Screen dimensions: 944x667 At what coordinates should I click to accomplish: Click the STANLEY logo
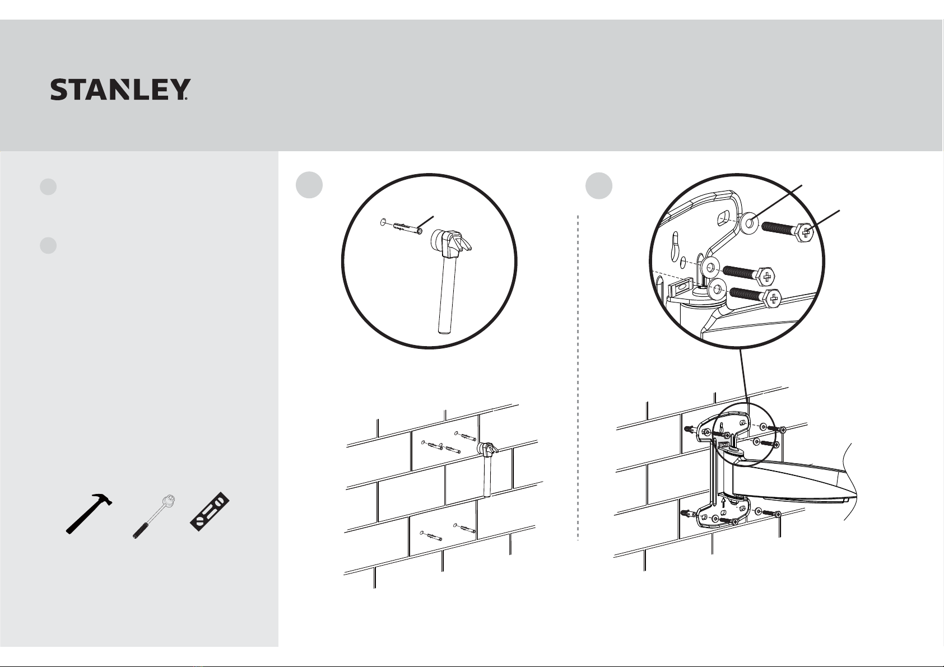[x=120, y=90]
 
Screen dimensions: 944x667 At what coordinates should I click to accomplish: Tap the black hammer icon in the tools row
[x=89, y=513]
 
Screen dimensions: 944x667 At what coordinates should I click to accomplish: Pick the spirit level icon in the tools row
[x=210, y=511]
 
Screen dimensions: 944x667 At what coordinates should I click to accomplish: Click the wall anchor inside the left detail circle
[x=407, y=229]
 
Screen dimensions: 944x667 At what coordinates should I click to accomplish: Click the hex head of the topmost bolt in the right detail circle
[x=805, y=232]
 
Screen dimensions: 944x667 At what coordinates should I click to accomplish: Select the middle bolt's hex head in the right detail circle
[x=767, y=277]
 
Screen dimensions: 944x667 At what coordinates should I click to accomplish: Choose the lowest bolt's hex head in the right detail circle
[x=773, y=298]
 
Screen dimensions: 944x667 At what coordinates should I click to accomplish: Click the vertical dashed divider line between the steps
[x=578, y=377]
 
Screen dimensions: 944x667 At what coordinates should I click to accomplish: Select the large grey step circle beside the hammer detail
[x=309, y=185]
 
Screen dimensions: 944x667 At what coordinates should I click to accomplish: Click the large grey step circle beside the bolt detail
[x=599, y=185]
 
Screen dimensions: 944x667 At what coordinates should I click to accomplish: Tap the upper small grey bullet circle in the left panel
[x=48, y=186]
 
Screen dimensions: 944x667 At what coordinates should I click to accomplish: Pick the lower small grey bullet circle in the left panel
[x=48, y=245]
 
